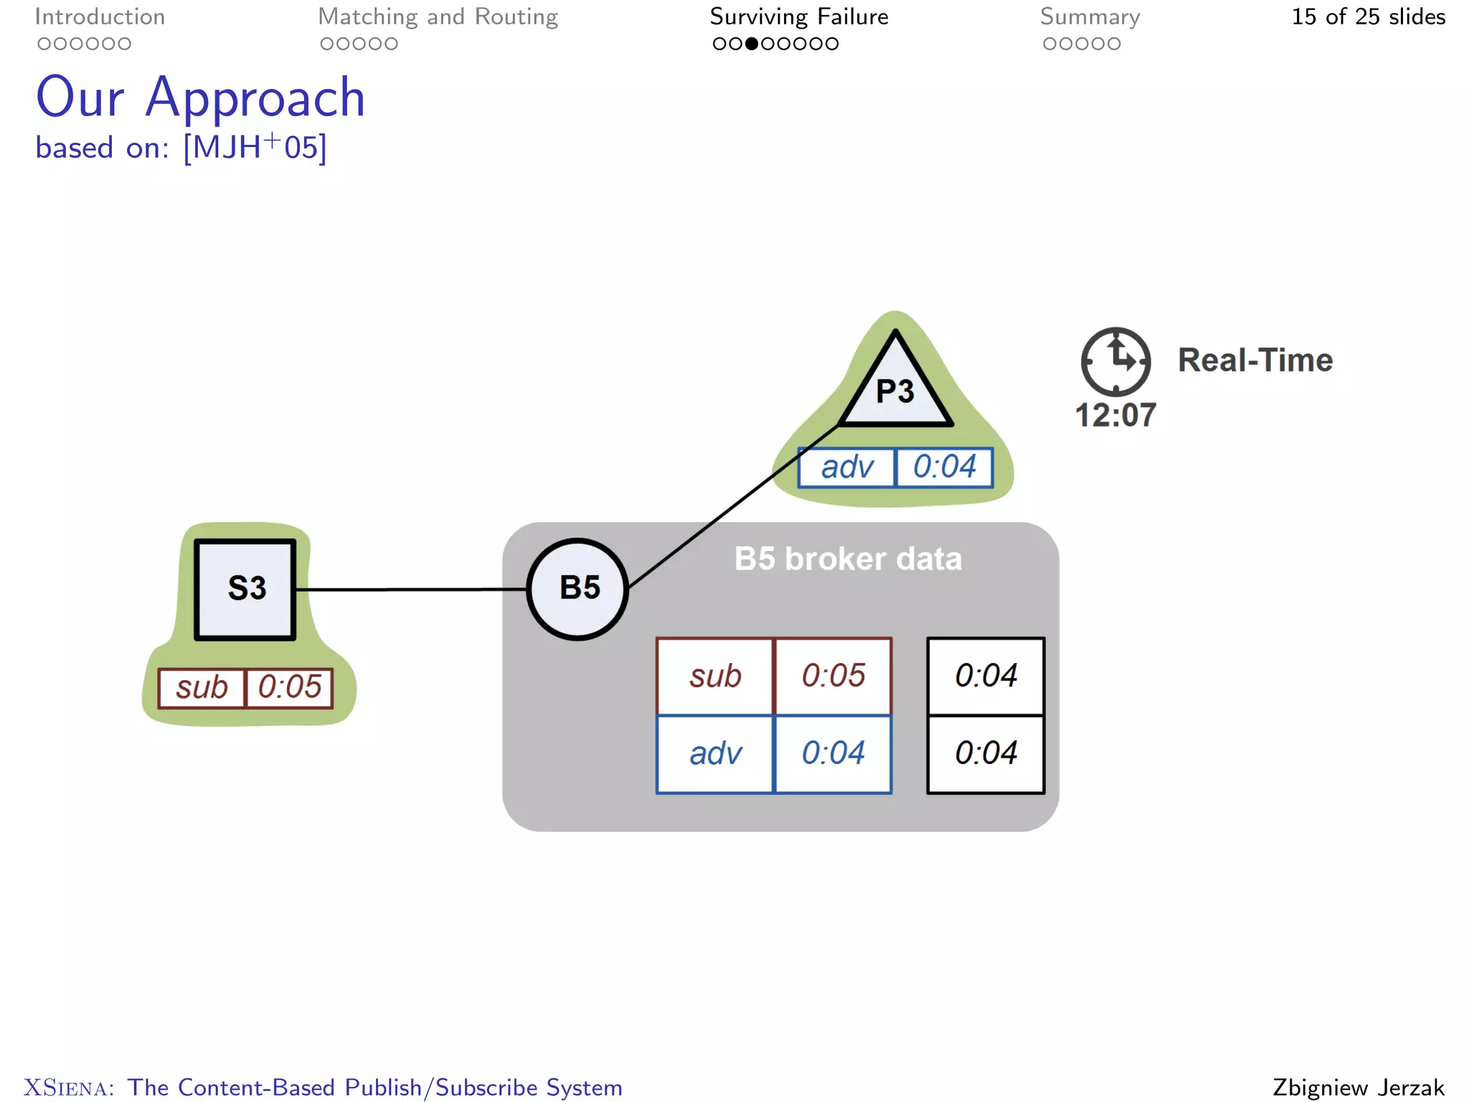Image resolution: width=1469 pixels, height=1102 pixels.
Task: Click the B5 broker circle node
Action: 577,589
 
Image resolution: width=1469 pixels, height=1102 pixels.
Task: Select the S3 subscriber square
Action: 245,589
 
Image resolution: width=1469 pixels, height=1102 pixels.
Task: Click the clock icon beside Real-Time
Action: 1115,362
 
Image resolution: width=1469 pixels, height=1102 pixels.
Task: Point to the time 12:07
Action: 1115,415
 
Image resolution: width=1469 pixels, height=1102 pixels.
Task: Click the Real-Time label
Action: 1255,360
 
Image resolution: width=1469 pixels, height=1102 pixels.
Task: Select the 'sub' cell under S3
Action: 202,688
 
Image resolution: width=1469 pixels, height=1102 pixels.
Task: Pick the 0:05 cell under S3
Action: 289,688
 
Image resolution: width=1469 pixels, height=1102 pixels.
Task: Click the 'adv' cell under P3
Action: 847,468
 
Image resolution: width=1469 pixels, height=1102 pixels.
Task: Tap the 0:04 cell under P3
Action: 944,468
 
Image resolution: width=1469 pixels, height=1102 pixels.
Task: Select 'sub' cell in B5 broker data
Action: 715,676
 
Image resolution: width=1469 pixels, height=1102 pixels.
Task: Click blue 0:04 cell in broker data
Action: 833,753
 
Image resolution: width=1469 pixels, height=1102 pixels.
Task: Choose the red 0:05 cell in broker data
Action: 833,676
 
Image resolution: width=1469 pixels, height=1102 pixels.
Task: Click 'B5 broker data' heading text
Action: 847,559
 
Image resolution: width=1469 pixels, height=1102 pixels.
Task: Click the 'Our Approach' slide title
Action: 200,98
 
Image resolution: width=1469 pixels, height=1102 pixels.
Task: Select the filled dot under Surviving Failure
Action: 751,44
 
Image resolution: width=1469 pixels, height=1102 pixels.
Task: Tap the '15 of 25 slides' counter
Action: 1368,17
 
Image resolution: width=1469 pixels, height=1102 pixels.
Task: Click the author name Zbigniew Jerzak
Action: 1358,1087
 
